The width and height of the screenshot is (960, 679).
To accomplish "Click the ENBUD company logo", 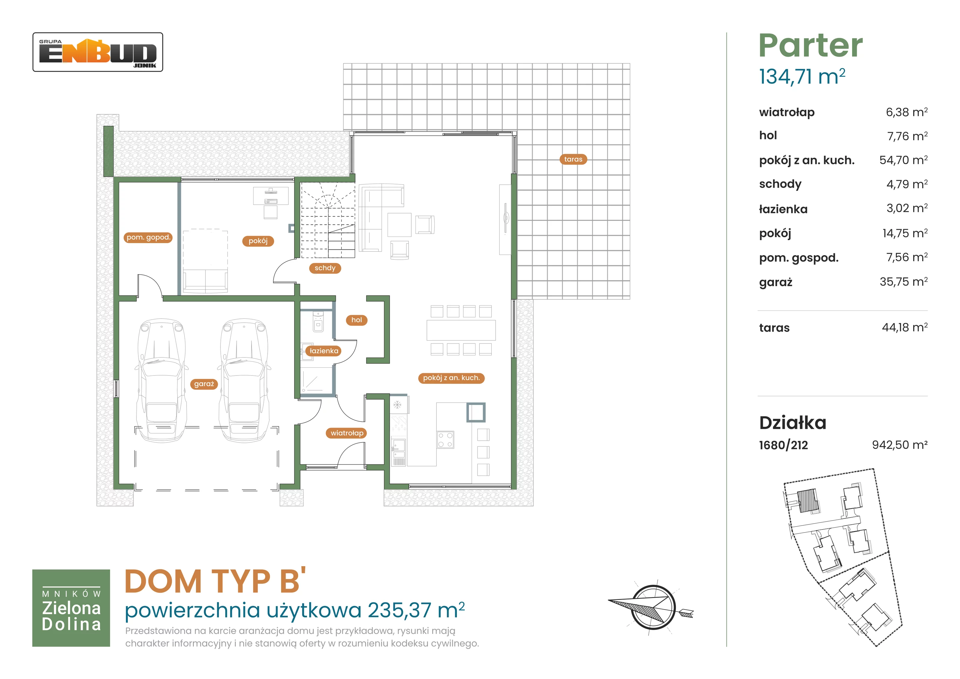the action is point(98,52).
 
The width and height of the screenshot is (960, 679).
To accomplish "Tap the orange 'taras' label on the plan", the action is point(573,159).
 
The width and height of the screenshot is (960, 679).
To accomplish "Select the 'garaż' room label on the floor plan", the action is point(204,384).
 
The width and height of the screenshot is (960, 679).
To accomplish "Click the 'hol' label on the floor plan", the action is point(357,320).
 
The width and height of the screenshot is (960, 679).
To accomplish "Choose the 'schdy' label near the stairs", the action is point(325,268).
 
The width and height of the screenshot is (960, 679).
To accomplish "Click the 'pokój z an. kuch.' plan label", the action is point(451,378).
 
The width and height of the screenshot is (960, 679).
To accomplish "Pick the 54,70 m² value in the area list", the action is point(903,160).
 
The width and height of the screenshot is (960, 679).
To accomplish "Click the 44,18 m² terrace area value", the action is point(905,327).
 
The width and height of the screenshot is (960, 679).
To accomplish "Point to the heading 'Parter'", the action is point(811,46).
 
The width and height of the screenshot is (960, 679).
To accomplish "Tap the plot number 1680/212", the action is point(784,445).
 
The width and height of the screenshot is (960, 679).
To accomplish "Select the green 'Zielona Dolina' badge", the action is point(71,608).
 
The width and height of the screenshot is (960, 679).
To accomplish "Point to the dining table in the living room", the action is point(461,330).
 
